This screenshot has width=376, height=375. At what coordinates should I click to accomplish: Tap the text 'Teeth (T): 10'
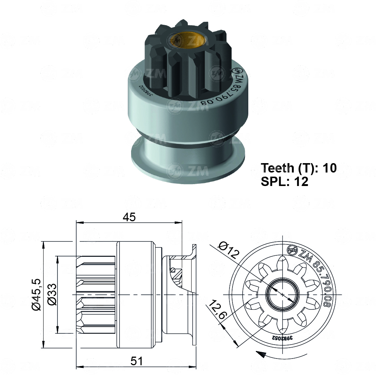click(299, 168)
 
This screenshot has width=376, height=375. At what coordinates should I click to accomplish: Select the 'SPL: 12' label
click(284, 182)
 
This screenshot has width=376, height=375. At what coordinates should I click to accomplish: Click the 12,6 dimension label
click(217, 310)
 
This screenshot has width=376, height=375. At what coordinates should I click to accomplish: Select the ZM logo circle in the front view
click(291, 250)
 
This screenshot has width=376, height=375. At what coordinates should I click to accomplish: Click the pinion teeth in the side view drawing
click(96, 294)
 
